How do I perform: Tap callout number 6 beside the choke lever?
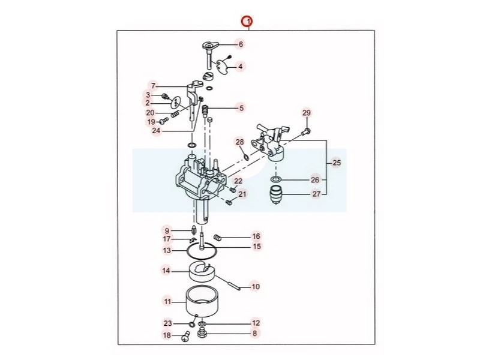click(241, 44)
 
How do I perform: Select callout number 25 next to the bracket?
click(335, 163)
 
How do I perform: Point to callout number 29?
click(307, 113)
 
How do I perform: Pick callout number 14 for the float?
click(166, 271)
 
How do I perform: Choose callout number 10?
click(256, 287)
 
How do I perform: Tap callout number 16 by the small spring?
click(256, 236)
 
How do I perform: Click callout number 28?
click(239, 142)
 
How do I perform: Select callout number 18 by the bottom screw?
click(167, 335)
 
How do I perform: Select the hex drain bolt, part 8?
click(202, 333)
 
